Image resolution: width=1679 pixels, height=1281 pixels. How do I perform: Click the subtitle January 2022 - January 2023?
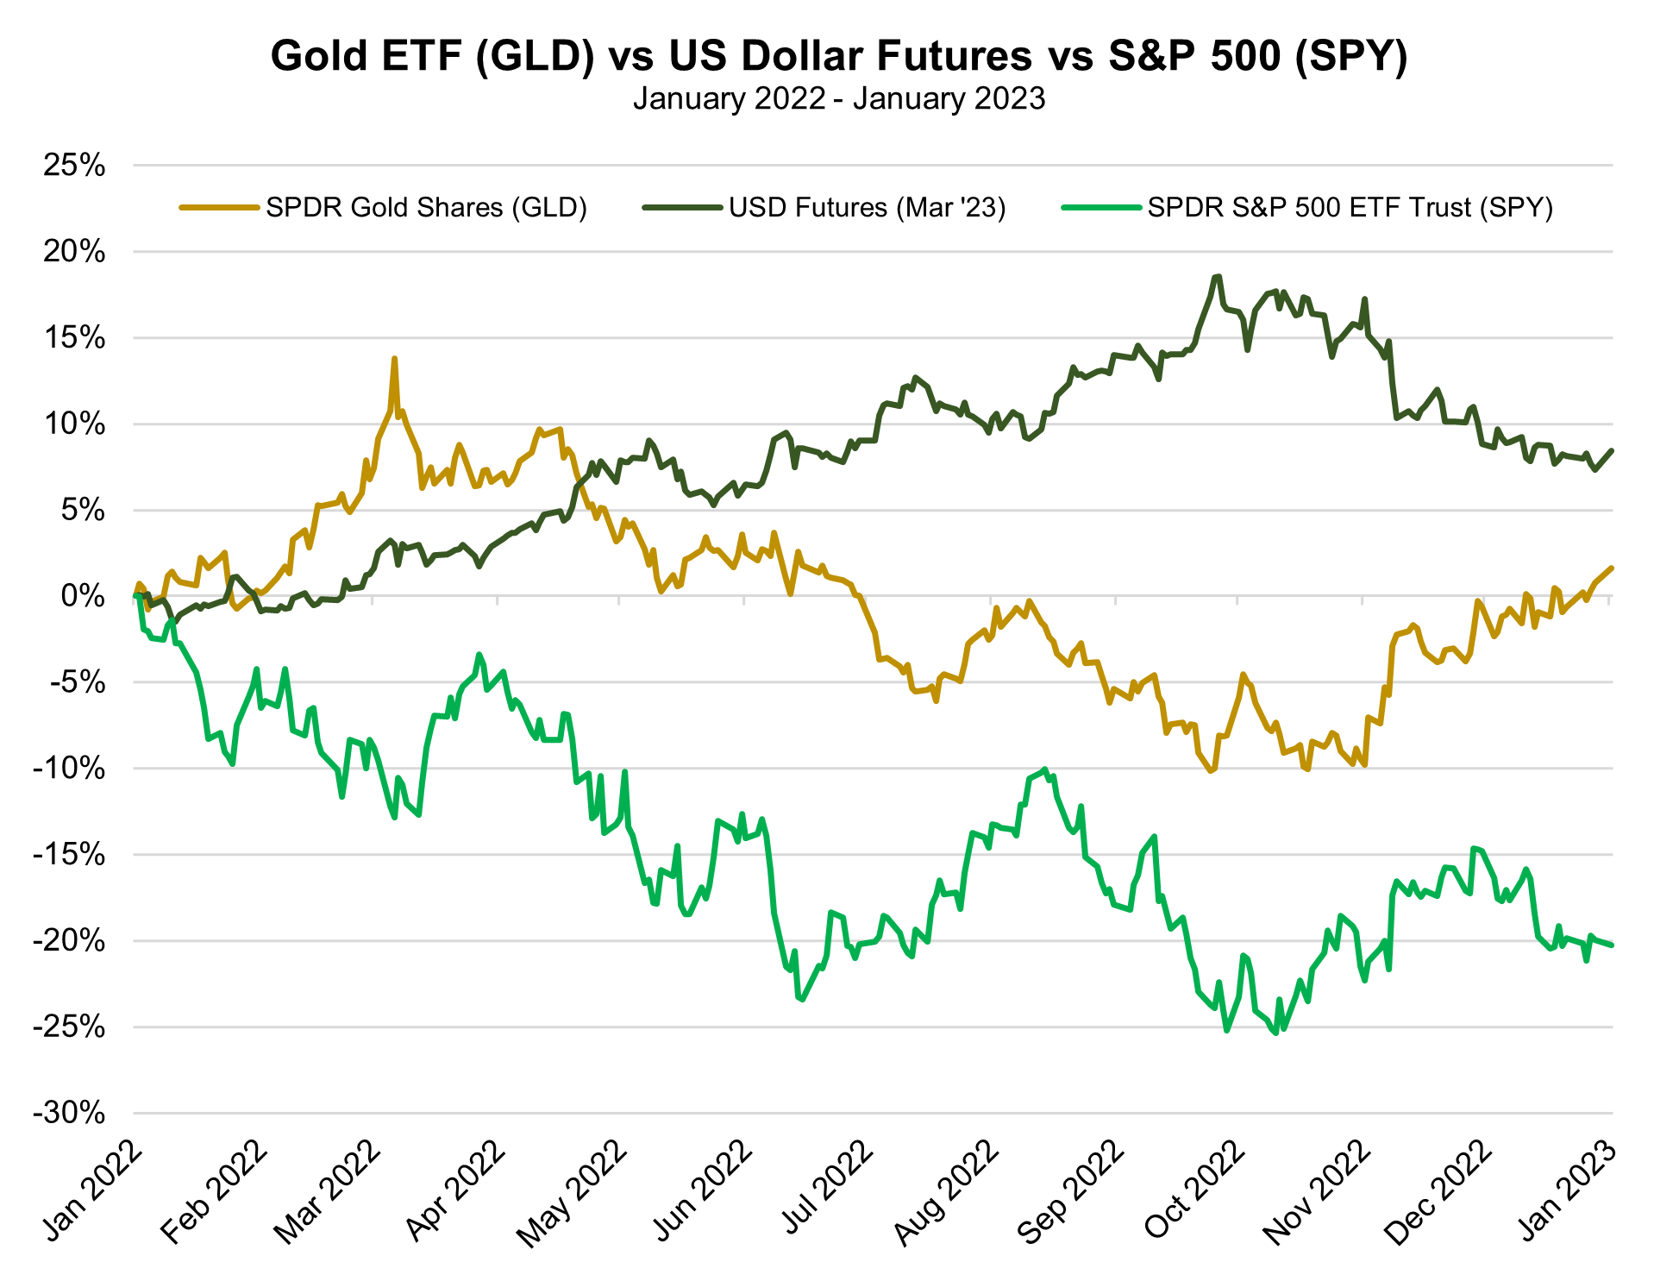838,98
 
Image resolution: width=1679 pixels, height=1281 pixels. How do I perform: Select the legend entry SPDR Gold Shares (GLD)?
426,208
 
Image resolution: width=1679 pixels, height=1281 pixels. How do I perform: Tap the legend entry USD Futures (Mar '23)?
867,208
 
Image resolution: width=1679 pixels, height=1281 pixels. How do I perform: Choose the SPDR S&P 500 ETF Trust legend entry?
1350,208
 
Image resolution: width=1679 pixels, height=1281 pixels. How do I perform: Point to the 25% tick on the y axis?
75,165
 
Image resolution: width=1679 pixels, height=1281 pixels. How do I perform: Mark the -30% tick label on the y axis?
69,1113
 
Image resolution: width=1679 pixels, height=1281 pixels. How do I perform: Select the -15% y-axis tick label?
69,855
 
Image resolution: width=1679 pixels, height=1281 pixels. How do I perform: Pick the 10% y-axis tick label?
75,424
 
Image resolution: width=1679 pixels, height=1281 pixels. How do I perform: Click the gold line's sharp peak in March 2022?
394,359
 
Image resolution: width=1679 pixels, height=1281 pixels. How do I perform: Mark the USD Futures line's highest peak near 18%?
1218,277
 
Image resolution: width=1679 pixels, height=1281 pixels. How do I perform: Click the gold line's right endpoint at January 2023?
1612,568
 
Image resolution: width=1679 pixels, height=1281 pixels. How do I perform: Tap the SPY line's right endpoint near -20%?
1612,945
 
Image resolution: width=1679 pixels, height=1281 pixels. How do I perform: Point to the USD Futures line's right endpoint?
1612,450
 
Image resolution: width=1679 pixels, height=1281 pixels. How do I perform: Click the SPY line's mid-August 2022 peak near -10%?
1045,769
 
